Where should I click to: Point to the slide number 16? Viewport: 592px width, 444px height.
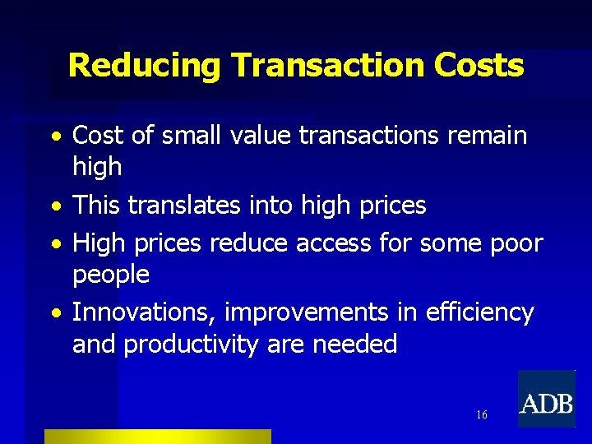pyautogui.click(x=481, y=414)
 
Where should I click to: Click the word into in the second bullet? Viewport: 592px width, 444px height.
pyautogui.click(x=274, y=205)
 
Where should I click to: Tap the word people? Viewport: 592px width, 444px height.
pyautogui.click(x=111, y=275)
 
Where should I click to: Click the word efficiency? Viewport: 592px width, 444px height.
pyautogui.click(x=480, y=312)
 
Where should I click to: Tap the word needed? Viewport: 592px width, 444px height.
pyautogui.click(x=355, y=344)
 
